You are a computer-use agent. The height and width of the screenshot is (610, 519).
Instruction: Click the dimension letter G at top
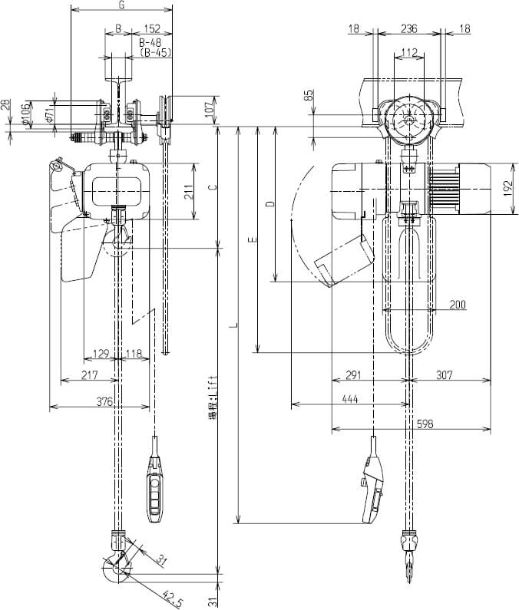tap(121, 5)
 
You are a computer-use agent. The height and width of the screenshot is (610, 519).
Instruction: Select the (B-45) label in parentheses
tap(156, 53)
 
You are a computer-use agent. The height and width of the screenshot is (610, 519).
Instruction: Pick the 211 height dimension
tap(188, 191)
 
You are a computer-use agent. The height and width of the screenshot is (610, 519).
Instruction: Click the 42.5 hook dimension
tap(174, 595)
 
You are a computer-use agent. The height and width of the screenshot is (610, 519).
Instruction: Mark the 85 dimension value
tap(309, 96)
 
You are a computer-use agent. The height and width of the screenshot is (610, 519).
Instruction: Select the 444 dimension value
tap(350, 400)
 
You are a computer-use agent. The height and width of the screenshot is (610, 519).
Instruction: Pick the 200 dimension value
tap(458, 305)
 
